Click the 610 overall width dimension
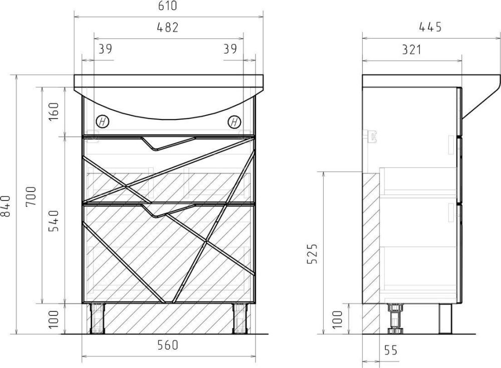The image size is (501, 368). pos(167,6)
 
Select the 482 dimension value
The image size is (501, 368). pos(167,27)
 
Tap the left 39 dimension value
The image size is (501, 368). pos(105,49)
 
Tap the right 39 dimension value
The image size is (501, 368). pos(230,49)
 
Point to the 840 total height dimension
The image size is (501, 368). pos(6,206)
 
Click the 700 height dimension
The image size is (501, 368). pos(31,196)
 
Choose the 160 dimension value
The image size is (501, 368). pos(54,110)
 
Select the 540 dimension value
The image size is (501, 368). pos(54,220)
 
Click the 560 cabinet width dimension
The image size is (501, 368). pos(168,344)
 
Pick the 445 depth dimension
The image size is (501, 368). pos(430,27)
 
